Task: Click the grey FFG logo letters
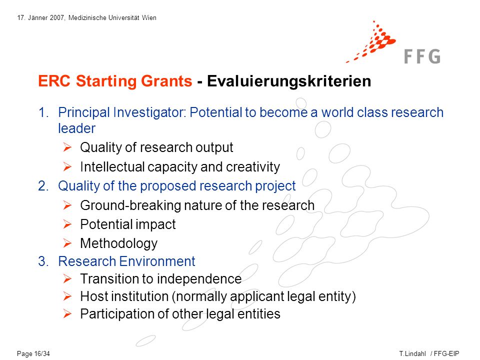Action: [422, 56]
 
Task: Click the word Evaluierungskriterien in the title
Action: [289, 81]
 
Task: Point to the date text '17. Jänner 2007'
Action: [40, 18]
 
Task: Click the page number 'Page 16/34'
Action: [33, 353]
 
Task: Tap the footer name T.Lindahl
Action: [412, 353]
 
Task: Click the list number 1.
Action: [43, 112]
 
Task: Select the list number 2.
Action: [43, 186]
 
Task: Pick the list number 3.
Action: [43, 261]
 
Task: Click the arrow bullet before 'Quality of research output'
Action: [67, 147]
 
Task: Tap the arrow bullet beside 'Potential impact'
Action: [67, 224]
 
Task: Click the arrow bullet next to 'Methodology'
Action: [67, 243]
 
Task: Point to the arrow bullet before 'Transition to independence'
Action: [67, 279]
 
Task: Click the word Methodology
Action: [119, 243]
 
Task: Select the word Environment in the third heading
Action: [157, 261]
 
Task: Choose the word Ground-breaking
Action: [130, 205]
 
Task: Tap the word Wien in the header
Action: [149, 18]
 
